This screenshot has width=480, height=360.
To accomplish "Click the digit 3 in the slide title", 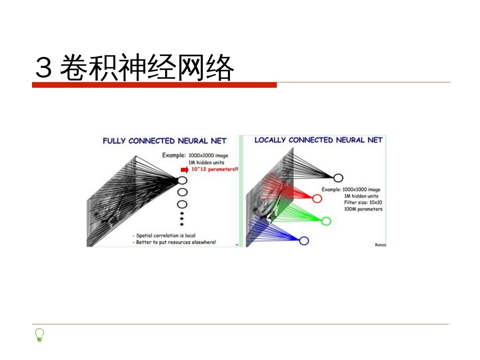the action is [x=44, y=67].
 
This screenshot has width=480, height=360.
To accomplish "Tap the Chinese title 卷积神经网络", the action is [x=147, y=67].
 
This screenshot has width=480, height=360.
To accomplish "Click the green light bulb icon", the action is [x=39, y=335].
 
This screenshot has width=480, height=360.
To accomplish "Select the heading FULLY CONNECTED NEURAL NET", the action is [x=164, y=141].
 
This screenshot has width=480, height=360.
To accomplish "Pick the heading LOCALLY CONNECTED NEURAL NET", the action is [x=318, y=140].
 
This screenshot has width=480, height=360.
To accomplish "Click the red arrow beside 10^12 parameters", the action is [x=184, y=169].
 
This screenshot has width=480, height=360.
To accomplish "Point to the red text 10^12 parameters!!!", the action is [x=215, y=169].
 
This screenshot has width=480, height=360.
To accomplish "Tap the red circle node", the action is [x=317, y=199].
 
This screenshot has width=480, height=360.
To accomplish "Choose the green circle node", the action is [x=326, y=221].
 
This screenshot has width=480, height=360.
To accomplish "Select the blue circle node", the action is [x=304, y=241].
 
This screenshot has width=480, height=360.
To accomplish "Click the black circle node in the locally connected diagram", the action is [x=338, y=178].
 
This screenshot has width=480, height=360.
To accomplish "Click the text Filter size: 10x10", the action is [x=363, y=202].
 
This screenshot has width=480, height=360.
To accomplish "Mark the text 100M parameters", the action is [x=363, y=209].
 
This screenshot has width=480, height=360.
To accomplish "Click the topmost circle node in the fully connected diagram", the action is [x=182, y=180].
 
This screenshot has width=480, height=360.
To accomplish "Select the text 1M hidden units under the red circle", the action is [x=361, y=196].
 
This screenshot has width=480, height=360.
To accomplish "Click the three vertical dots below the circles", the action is [x=182, y=218].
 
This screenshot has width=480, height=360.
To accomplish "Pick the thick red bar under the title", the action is [x=154, y=85].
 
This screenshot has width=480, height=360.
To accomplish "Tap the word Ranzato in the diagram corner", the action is [x=380, y=245].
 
